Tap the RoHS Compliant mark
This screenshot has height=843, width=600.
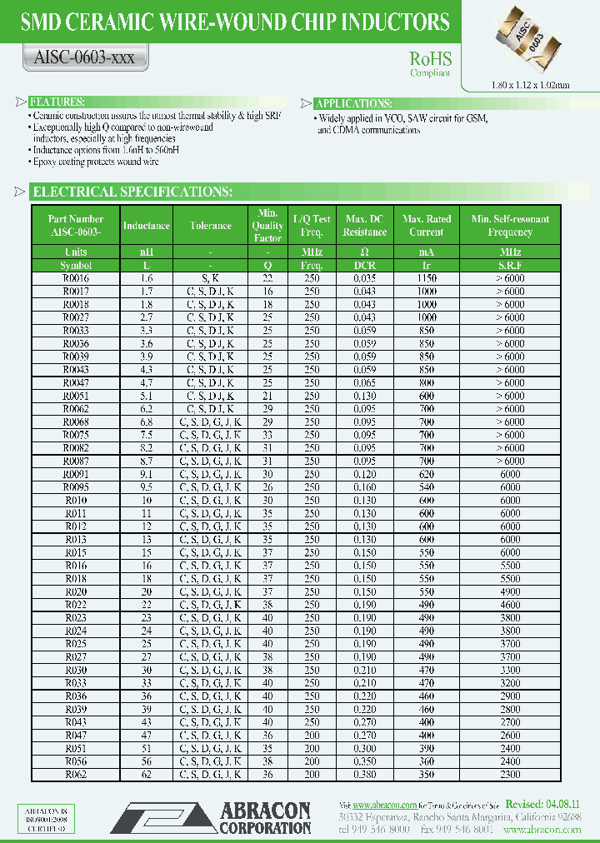coord(430,63)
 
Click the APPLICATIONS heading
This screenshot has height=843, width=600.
coord(355,104)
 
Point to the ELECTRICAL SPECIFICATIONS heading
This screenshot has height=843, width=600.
coord(132,192)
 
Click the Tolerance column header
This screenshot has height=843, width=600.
coord(210,226)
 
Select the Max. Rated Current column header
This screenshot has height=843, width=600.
coord(427,226)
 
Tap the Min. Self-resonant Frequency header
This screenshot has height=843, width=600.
coord(510,226)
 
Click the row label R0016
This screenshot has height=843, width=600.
coord(76,278)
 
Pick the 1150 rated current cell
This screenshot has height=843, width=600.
coord(427,278)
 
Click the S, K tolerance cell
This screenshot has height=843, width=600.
coord(210,278)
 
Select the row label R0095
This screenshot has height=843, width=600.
coord(76,486)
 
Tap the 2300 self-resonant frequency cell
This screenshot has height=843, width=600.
coord(510,774)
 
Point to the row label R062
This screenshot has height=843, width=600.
coord(76,774)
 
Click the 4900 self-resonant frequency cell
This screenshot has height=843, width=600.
coord(510,591)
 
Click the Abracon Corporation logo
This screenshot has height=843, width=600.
coord(212,817)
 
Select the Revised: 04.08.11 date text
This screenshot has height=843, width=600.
coord(541,805)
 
